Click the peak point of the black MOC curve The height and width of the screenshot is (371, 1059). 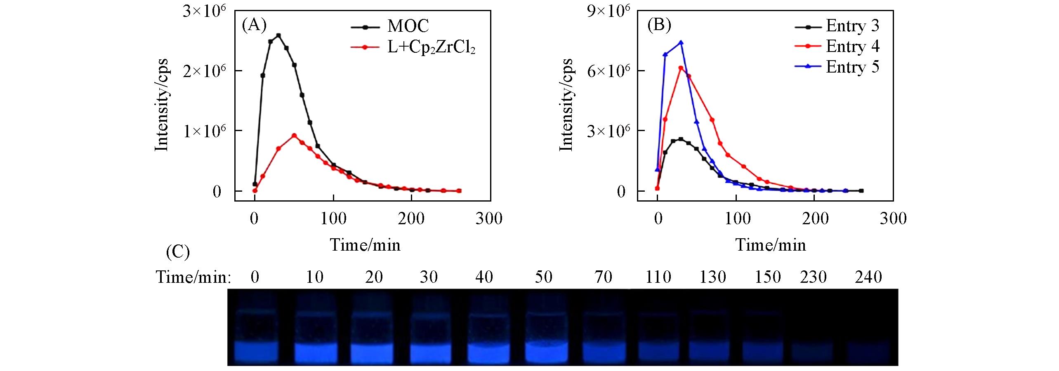[x=278, y=35]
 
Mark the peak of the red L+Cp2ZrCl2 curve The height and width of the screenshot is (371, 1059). [x=294, y=136]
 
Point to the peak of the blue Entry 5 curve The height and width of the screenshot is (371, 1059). [x=681, y=42]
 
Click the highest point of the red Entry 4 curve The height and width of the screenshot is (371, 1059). [x=681, y=68]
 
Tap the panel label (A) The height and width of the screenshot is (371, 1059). [x=254, y=25]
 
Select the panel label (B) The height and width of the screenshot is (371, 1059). [x=659, y=25]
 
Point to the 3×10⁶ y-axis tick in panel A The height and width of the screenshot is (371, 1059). [x=205, y=11]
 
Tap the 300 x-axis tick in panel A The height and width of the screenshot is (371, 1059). [x=489, y=218]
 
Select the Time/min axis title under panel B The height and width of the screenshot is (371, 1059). [x=770, y=245]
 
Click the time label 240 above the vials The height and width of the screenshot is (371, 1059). [x=868, y=277]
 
